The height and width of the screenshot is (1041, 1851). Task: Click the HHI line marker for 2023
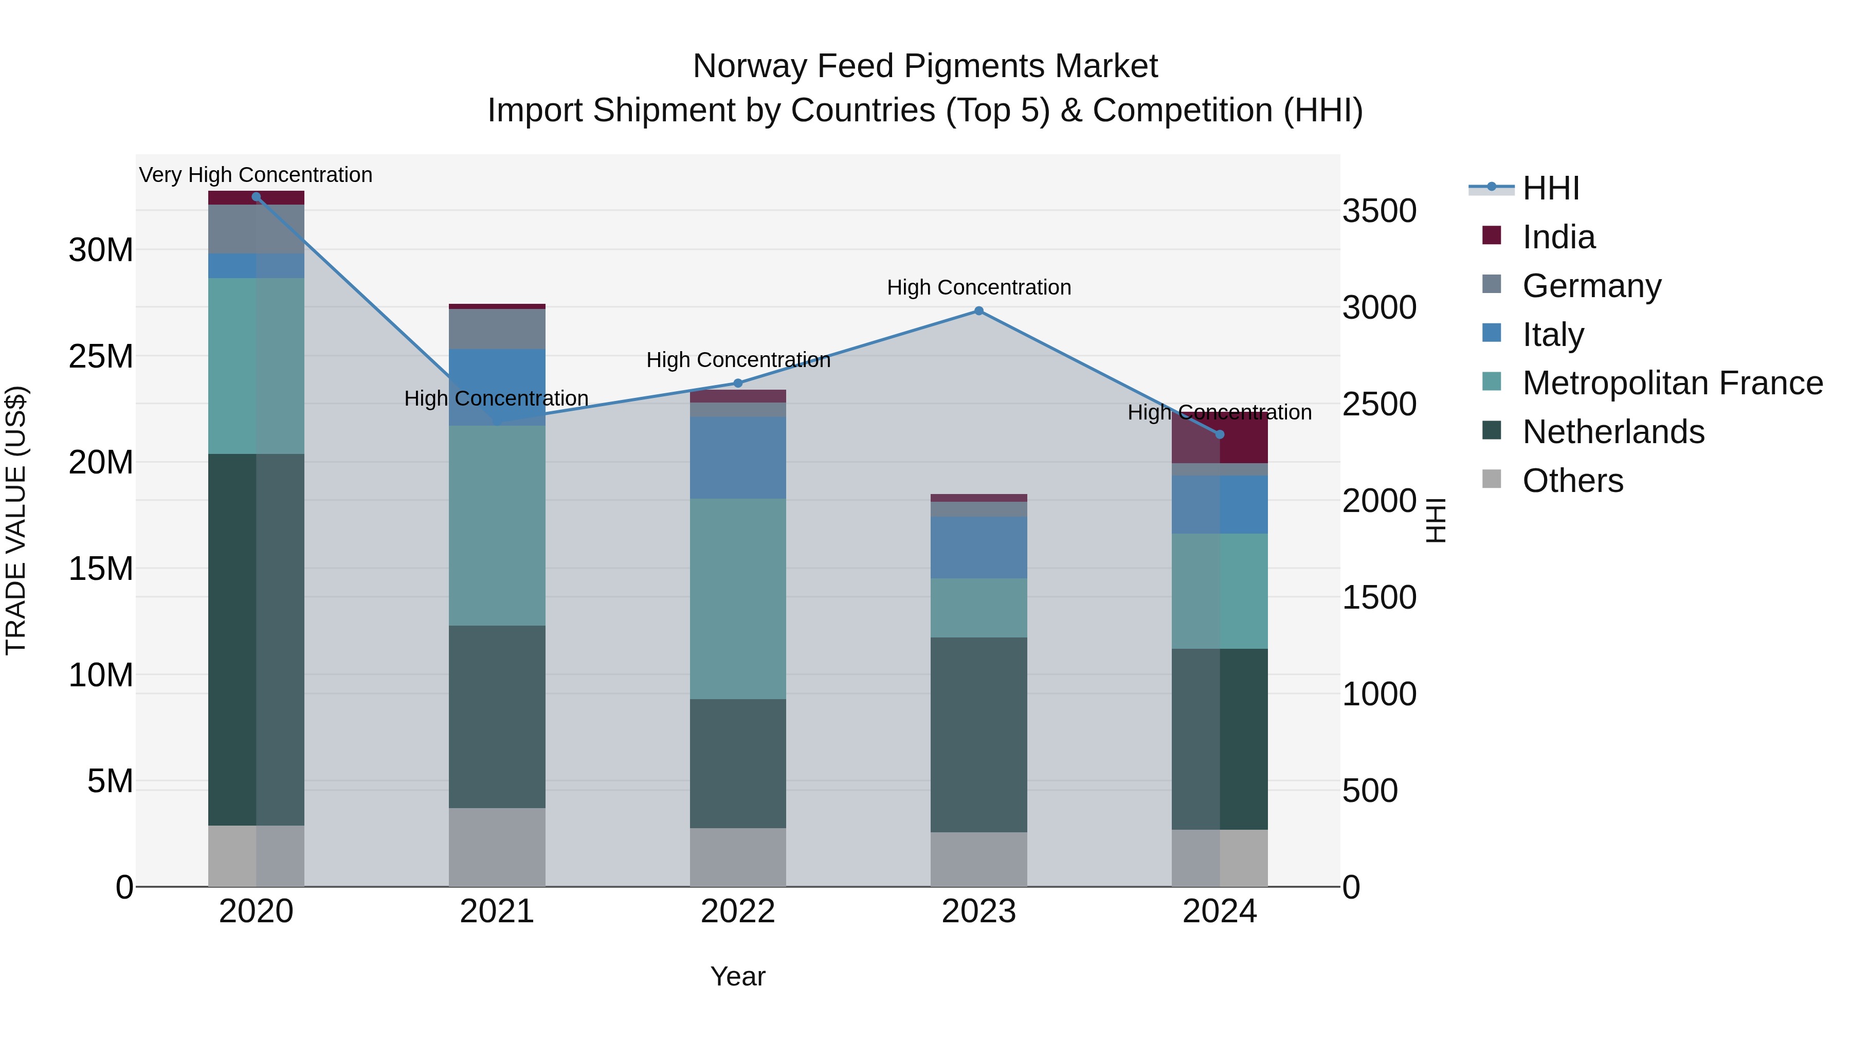tap(978, 311)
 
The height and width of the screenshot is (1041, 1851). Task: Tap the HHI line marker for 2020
tap(257, 197)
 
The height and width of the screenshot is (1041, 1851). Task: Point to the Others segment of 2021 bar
tap(497, 847)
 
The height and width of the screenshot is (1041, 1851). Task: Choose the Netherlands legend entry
tap(1612, 432)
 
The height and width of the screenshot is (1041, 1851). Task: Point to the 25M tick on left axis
tap(101, 356)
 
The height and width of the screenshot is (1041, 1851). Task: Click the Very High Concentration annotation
tap(256, 175)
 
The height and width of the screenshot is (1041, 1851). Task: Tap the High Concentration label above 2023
tap(978, 287)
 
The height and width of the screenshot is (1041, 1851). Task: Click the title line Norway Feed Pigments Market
tap(925, 66)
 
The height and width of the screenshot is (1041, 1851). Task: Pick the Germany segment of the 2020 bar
tap(257, 229)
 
